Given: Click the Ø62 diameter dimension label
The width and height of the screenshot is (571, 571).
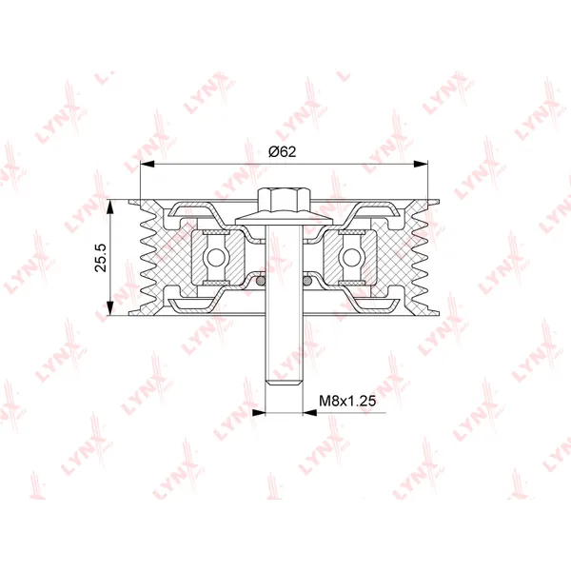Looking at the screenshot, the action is pos(283,151).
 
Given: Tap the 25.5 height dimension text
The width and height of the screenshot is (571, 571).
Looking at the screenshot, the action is pos(101,258).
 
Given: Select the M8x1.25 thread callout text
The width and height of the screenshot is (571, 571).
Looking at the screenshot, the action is pos(347,401).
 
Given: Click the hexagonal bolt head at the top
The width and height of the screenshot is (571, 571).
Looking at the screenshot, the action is pos(284,200).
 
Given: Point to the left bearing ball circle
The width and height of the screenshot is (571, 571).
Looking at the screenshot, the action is pos(216,258).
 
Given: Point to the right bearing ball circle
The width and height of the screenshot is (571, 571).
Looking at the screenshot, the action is pos(352,258).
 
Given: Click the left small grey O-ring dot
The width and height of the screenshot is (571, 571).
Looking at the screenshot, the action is pos(261,281).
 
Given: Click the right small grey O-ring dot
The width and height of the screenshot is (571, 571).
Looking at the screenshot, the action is pos(307,281).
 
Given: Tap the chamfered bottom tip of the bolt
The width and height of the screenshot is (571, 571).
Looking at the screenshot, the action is pos(284,382).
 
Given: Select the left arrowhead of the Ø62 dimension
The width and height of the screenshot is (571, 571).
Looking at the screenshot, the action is pos(148,165).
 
